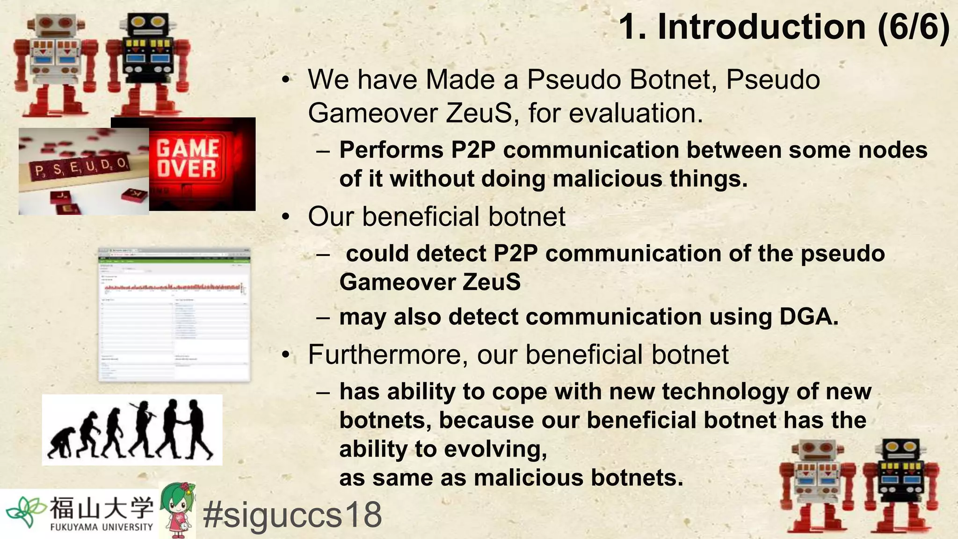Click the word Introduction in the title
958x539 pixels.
762,27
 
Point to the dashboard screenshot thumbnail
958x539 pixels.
174,314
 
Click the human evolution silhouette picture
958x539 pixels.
132,430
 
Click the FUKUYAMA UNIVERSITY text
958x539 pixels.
102,527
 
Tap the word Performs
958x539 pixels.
391,150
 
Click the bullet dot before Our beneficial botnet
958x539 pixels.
286,217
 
